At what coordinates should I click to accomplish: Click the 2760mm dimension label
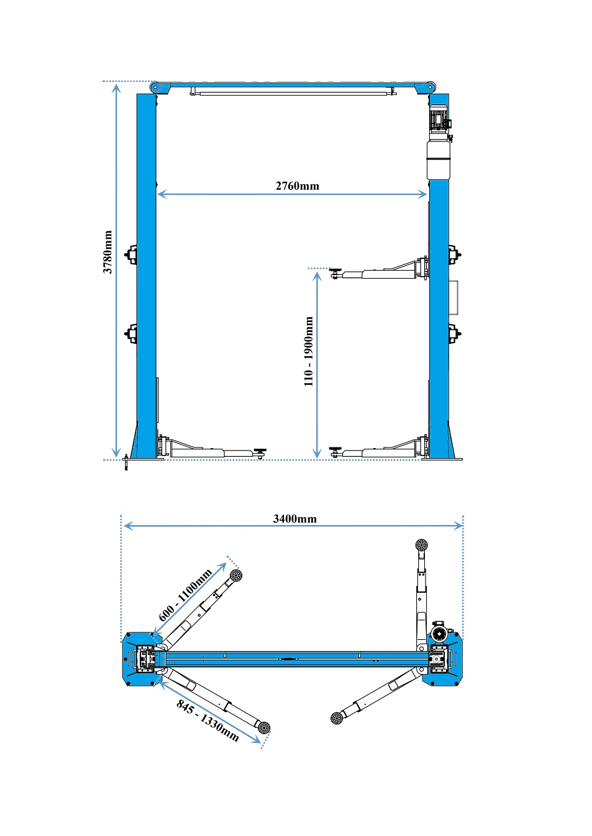[x=298, y=186]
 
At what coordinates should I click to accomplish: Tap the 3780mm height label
[x=107, y=252]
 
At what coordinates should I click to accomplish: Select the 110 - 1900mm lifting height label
[x=309, y=351]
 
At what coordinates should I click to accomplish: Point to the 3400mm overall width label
[x=294, y=519]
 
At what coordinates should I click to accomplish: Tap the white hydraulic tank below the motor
[x=439, y=161]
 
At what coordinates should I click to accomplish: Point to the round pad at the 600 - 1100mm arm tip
[x=235, y=575]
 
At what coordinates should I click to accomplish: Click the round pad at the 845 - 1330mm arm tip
[x=263, y=727]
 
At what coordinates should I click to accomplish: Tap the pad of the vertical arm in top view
[x=421, y=546]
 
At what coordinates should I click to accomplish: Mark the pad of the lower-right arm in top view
[x=337, y=717]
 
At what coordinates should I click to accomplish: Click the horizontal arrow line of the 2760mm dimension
[x=293, y=194]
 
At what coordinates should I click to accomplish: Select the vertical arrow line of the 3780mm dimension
[x=117, y=271]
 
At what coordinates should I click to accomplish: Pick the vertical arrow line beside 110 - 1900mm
[x=317, y=365]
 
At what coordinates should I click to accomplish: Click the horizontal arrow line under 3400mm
[x=293, y=526]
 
